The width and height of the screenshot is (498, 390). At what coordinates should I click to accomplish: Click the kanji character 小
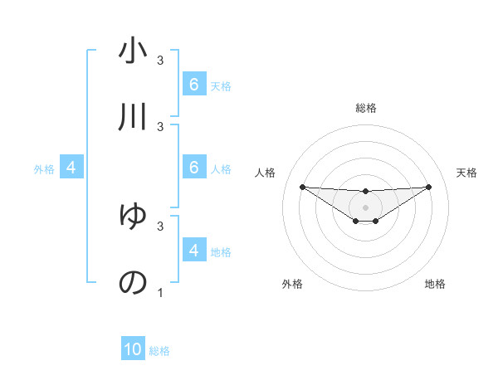pyautogui.click(x=132, y=51)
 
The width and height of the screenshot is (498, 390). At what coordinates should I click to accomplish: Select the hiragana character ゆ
pyautogui.click(x=132, y=217)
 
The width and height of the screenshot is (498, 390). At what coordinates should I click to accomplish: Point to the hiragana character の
pyautogui.click(x=132, y=282)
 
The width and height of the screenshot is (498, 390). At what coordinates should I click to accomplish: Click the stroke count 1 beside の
pyautogui.click(x=160, y=293)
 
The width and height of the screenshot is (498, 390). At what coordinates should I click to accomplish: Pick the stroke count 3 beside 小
pyautogui.click(x=160, y=61)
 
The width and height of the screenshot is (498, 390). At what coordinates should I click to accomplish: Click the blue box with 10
pyautogui.click(x=133, y=349)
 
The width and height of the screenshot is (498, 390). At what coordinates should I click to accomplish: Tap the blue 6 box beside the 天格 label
pyautogui.click(x=193, y=84)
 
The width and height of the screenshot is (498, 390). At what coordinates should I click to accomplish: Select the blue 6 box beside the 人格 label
pyautogui.click(x=193, y=168)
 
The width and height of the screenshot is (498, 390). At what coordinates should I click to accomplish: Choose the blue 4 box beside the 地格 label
pyautogui.click(x=193, y=250)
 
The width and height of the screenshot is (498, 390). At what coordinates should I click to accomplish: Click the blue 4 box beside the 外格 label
pyautogui.click(x=71, y=168)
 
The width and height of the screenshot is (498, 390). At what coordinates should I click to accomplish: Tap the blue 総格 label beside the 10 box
pyautogui.click(x=159, y=351)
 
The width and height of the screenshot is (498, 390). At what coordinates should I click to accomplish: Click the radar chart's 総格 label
pyautogui.click(x=365, y=108)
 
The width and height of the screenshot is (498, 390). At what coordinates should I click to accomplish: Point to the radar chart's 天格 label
pyautogui.click(x=467, y=173)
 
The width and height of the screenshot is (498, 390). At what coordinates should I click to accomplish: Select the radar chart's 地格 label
pyautogui.click(x=435, y=284)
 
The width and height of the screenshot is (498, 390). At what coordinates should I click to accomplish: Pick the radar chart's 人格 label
pyautogui.click(x=266, y=173)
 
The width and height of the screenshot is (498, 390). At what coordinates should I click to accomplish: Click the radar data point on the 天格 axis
pyautogui.click(x=428, y=187)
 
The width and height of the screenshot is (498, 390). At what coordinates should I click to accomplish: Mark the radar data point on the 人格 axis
pyautogui.click(x=302, y=187)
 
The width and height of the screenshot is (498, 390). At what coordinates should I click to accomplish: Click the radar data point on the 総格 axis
pyautogui.click(x=365, y=192)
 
